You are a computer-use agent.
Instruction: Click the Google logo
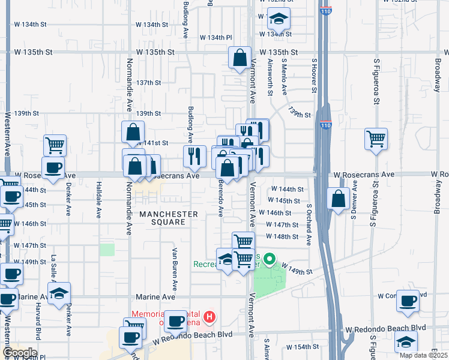point(19,353)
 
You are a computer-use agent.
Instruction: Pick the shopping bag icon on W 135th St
point(240,59)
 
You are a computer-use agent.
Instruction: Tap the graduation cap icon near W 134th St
point(279,20)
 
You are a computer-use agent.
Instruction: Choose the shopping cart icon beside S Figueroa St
point(376,139)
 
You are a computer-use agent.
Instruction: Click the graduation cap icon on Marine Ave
point(59,293)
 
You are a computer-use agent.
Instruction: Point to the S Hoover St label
point(313,76)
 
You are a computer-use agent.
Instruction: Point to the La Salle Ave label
point(53,268)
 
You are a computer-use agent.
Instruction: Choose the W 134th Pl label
point(215,37)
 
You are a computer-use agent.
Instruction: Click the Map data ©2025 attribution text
point(423,355)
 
